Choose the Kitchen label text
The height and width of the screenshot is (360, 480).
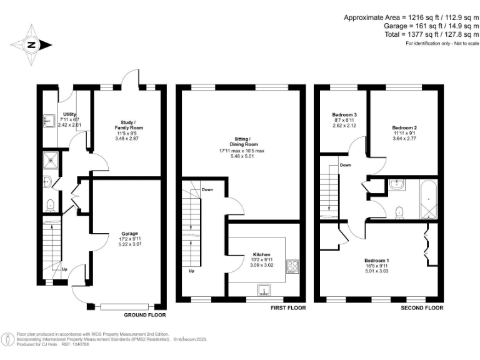pyautogui.click(x=261, y=255)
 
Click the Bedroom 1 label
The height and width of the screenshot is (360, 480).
pyautogui.click(x=377, y=259)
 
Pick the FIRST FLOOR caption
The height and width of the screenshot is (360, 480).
pyautogui.click(x=287, y=308)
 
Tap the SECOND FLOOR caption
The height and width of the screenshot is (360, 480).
pyautogui.click(x=422, y=308)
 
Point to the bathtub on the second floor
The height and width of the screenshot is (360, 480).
pyautogui.click(x=428, y=199)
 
